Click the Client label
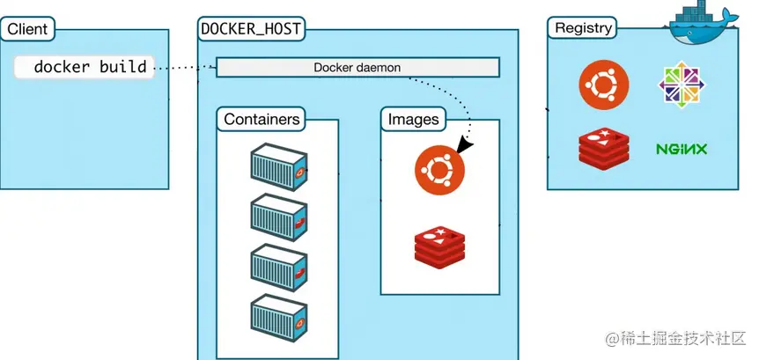26,29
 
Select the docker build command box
85,67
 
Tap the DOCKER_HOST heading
252,29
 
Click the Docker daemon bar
357,67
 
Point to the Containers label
262,119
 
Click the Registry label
583,27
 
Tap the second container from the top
278,213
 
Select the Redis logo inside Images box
439,246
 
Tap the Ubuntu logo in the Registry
603,85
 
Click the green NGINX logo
681,149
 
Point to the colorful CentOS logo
681,85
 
